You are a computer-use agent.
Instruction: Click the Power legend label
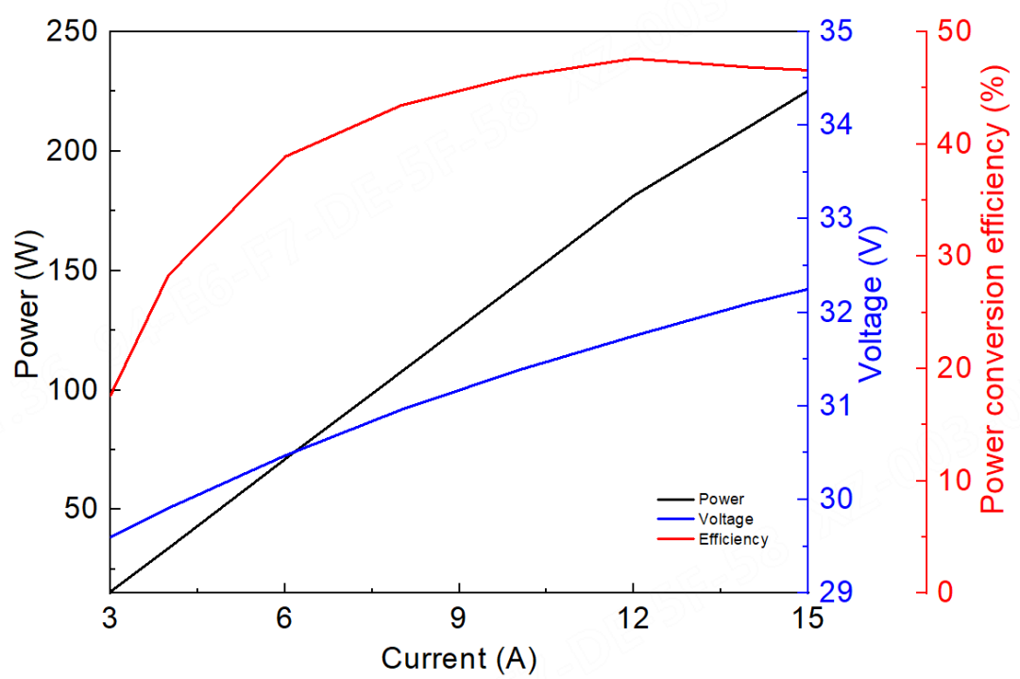click(721, 499)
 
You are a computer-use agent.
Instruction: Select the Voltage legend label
click(725, 519)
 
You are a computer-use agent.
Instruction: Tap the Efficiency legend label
click(733, 540)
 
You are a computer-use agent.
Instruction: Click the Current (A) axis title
click(458, 657)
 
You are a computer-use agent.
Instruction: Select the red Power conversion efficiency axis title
click(992, 289)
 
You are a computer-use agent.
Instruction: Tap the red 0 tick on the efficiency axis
click(948, 592)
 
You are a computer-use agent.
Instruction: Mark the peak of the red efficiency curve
click(633, 59)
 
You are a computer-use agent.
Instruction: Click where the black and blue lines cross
click(292, 453)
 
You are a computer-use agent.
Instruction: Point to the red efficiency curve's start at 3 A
click(111, 394)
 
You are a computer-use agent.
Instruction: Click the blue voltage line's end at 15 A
click(807, 289)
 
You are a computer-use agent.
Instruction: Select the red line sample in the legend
click(674, 540)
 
